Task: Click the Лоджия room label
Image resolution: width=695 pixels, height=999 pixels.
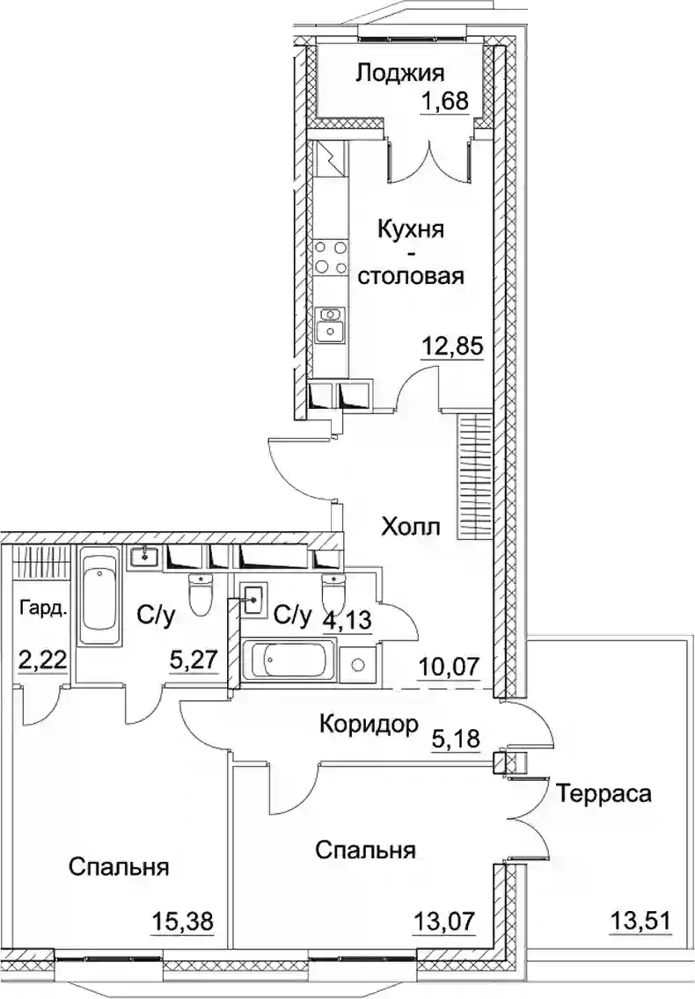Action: (400, 73)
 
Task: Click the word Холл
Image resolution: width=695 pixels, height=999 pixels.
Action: (411, 527)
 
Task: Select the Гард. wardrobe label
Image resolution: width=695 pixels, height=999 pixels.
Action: (42, 607)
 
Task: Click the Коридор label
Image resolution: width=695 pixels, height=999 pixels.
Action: (367, 725)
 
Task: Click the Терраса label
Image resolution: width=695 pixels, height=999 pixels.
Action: (604, 794)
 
